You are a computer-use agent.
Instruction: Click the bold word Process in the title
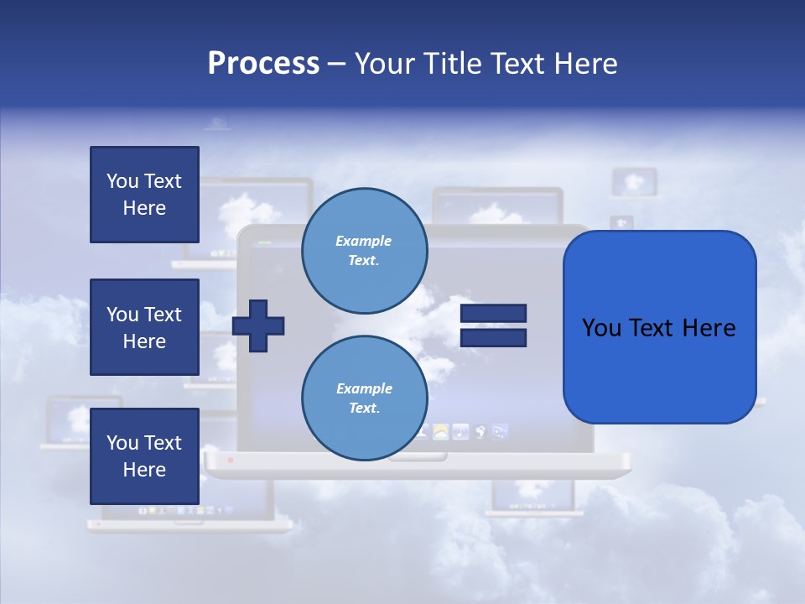click(x=263, y=64)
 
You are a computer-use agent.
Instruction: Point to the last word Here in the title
click(x=586, y=64)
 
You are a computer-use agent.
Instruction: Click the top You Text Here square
click(x=144, y=195)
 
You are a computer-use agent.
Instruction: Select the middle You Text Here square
click(x=144, y=327)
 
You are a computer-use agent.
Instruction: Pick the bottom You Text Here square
click(x=144, y=456)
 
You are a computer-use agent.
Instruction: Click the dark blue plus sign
click(x=258, y=325)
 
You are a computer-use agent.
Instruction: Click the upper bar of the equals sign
click(x=493, y=314)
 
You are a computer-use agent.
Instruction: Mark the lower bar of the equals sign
click(x=493, y=338)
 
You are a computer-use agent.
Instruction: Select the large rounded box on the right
click(x=659, y=369)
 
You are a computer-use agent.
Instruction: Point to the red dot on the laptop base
click(x=231, y=461)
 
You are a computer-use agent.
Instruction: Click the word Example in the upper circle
click(x=364, y=241)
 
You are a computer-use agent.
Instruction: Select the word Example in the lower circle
click(x=364, y=388)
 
